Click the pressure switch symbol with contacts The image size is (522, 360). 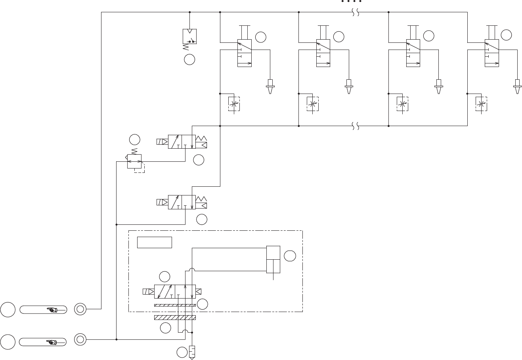click(x=189, y=36)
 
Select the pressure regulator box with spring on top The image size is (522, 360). click(x=134, y=161)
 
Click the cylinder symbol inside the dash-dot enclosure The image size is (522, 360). click(x=273, y=259)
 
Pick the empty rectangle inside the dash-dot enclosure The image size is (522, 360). click(x=154, y=242)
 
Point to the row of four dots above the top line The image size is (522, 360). click(x=351, y=2)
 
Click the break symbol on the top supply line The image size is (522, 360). click(x=356, y=12)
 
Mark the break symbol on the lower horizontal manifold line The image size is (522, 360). click(x=356, y=126)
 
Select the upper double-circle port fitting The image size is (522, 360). click(x=80, y=309)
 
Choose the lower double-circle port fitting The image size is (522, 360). click(x=80, y=339)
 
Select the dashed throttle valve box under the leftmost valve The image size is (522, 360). click(x=234, y=104)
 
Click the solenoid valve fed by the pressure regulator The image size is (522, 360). click(x=182, y=142)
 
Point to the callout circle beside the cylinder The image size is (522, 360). click(x=290, y=256)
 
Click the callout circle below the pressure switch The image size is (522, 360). click(x=189, y=59)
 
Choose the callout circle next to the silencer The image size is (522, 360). click(x=182, y=352)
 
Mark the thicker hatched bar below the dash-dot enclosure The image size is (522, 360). click(x=175, y=318)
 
